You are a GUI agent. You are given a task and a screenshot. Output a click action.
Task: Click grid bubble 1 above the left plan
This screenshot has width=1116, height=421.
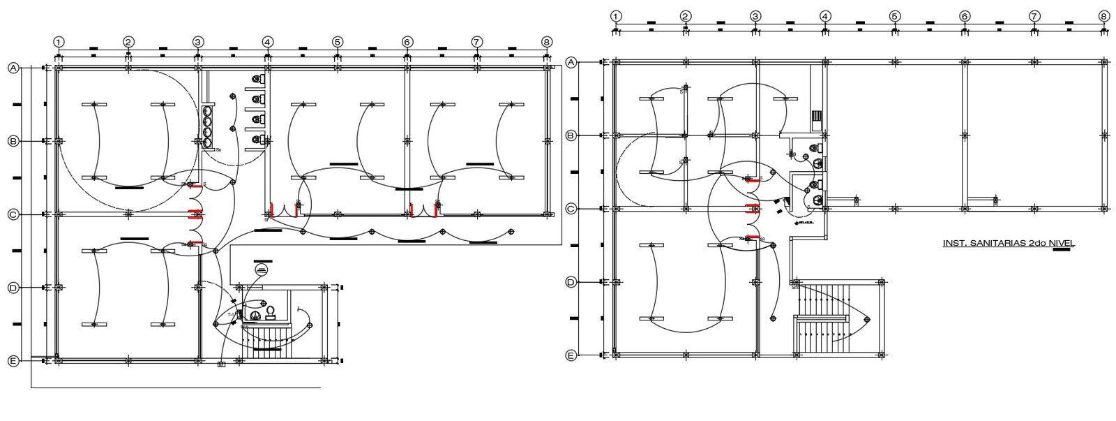click(59, 42)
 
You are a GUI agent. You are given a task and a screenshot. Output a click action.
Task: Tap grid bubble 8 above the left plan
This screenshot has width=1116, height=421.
click(546, 42)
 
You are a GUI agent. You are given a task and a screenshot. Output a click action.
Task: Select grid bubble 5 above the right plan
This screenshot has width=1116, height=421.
click(894, 16)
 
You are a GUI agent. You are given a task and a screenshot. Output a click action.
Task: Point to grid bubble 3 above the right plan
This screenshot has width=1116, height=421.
click(755, 16)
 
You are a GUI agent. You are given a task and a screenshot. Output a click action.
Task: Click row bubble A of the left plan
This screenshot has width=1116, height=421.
click(13, 68)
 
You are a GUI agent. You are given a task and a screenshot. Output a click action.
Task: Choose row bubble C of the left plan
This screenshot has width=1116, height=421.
click(13, 214)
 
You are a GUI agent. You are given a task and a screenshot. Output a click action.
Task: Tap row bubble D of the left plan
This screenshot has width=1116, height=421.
click(13, 288)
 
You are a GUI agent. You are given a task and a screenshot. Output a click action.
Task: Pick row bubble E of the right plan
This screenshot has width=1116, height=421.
click(571, 355)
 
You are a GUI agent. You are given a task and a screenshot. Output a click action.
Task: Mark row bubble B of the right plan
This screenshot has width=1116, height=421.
click(571, 135)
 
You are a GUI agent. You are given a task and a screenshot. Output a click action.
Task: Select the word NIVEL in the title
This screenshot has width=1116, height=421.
click(1060, 243)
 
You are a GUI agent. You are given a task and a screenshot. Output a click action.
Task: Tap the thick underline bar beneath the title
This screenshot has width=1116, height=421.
click(1060, 250)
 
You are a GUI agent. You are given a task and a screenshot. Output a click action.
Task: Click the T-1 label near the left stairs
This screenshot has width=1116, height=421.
click(232, 315)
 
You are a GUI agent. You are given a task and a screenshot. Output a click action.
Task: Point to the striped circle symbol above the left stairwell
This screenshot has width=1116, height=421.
click(262, 270)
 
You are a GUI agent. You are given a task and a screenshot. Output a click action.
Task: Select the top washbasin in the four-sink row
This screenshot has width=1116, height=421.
click(207, 110)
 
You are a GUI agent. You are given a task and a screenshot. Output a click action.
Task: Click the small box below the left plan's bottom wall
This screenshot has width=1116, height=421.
click(222, 364)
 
